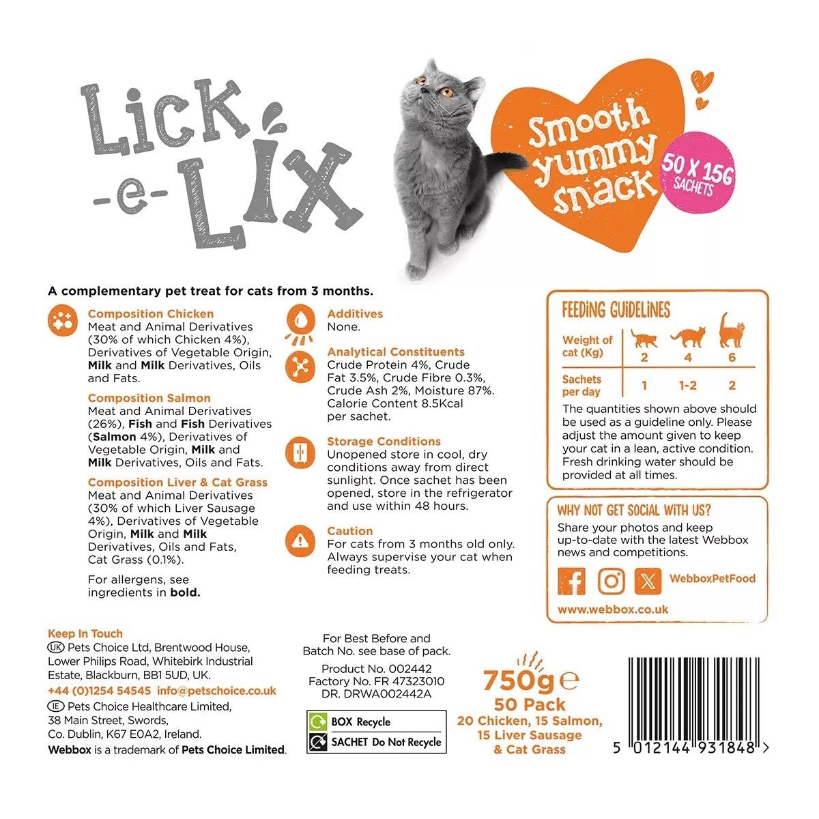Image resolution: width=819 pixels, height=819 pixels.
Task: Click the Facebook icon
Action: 571,580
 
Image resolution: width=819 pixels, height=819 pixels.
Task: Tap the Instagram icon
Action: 611,580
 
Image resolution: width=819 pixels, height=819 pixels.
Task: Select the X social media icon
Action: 648,580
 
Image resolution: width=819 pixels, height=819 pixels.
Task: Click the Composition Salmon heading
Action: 149,398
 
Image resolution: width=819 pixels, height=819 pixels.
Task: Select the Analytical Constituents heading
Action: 396,352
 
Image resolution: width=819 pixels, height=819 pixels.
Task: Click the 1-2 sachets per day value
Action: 687,386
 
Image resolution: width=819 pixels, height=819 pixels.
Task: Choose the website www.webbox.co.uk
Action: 613,609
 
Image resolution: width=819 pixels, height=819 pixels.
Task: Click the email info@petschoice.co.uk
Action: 216,691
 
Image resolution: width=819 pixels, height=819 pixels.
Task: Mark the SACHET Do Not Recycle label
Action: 376,742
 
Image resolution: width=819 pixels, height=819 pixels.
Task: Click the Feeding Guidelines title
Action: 616,310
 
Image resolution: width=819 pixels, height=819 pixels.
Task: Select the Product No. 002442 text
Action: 376,669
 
